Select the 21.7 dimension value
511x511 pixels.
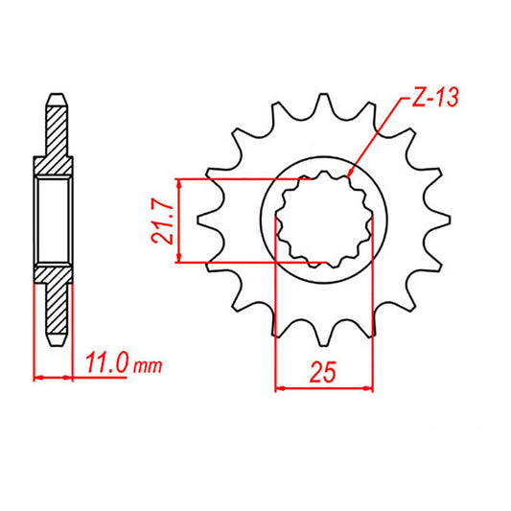[x=164, y=221]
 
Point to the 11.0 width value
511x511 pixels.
[x=105, y=364]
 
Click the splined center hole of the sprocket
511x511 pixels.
[x=323, y=221]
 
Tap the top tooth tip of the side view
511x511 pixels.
[x=54, y=95]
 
